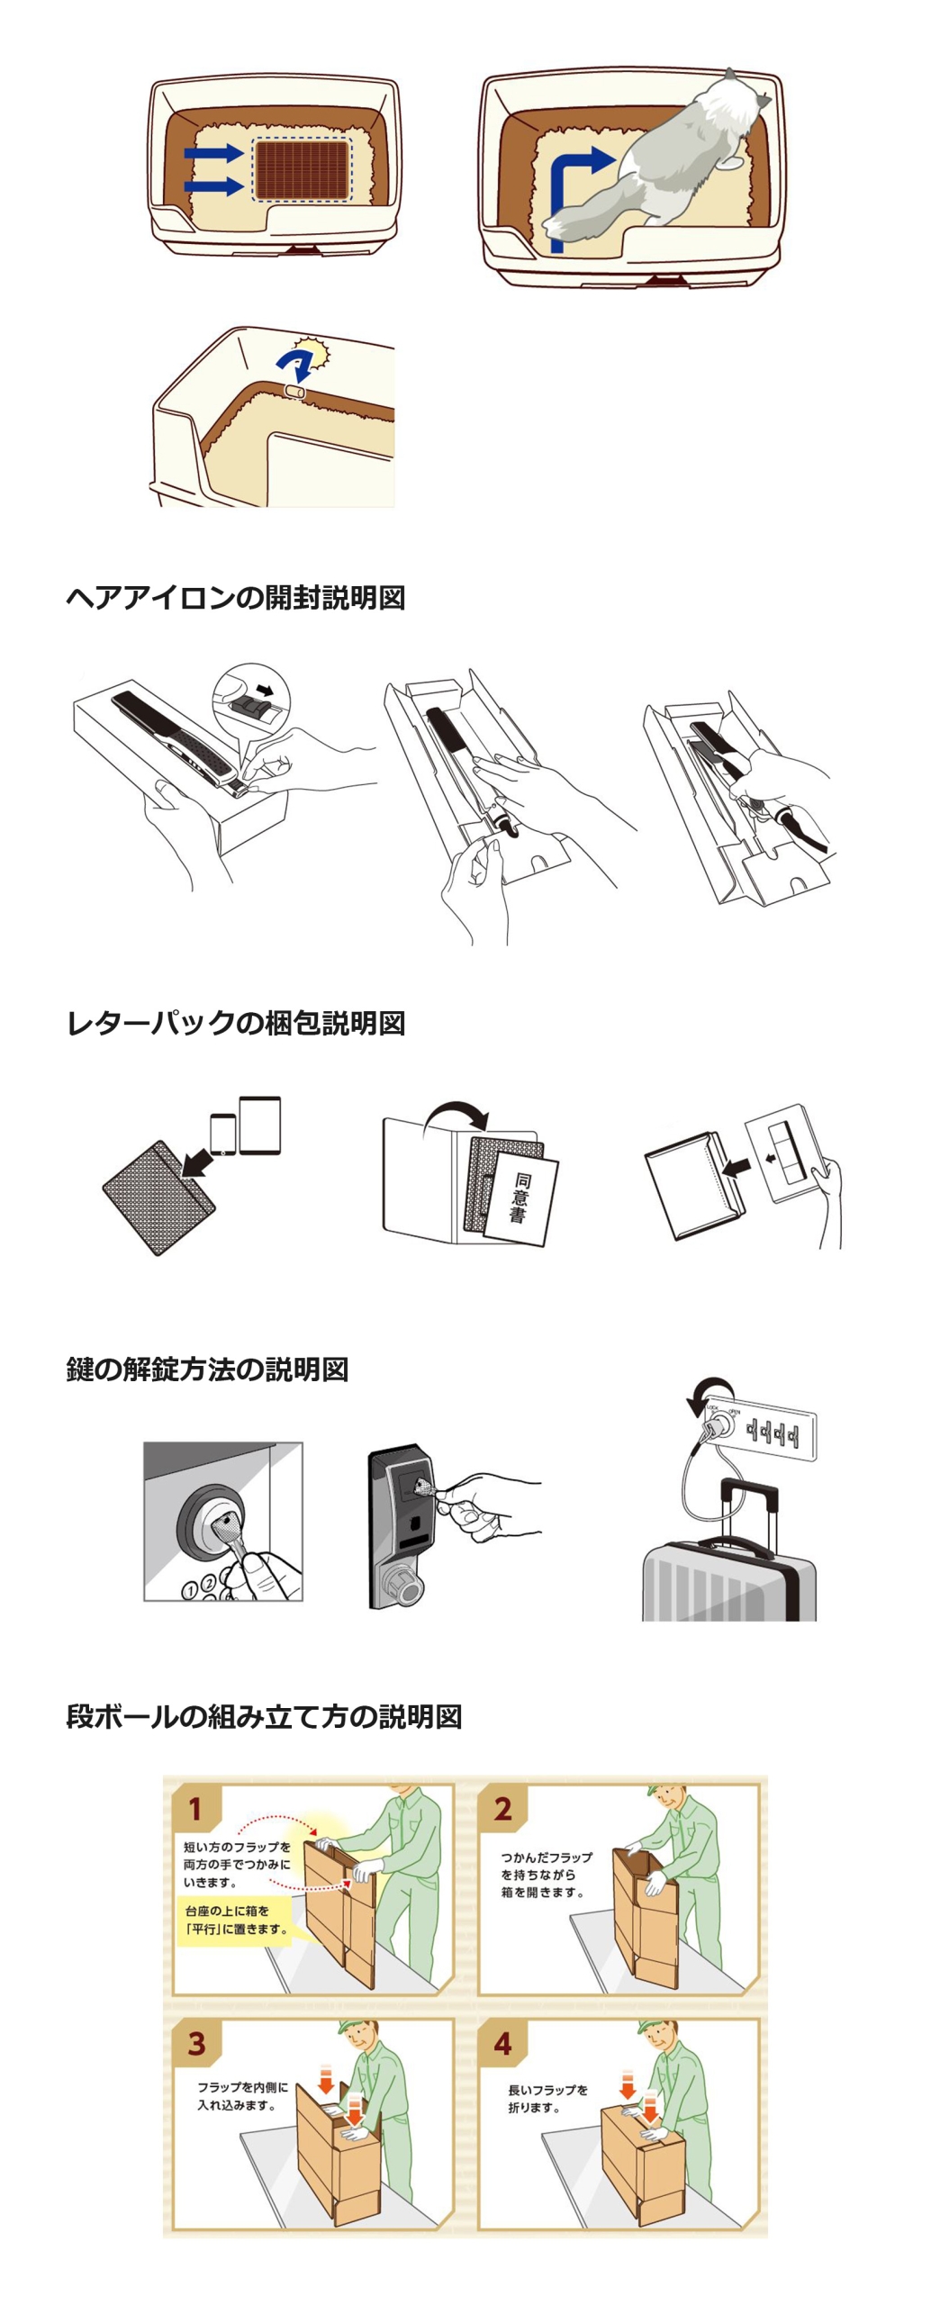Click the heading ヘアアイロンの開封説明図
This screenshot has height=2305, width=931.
tap(235, 597)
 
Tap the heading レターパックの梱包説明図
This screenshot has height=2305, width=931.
tap(235, 1023)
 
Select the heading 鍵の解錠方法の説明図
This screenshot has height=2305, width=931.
tap(207, 1369)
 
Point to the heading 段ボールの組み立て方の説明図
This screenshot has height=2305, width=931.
tap(264, 1716)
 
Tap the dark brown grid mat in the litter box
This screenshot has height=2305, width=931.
tap(302, 169)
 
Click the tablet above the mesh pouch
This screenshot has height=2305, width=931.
tap(260, 1125)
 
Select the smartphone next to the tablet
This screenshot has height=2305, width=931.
tap(222, 1134)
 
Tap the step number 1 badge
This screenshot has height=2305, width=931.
tap(194, 1809)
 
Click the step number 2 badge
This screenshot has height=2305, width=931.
tap(502, 1809)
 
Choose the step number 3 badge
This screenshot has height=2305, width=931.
tap(195, 2044)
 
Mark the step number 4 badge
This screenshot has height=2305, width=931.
tap(502, 2044)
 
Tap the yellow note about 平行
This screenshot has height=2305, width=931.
tap(236, 1920)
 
